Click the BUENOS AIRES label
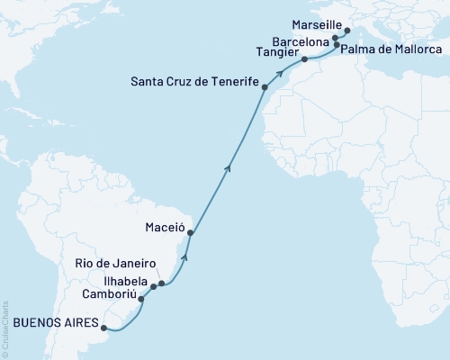pyautogui.click(x=52, y=326)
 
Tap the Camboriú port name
pyautogui.click(x=107, y=294)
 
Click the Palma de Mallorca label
pyautogui.click(x=387, y=44)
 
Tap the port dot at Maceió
pyautogui.click(x=190, y=233)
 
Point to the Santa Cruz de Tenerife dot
pyautogui.click(x=265, y=86)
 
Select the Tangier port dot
pyautogui.click(x=304, y=59)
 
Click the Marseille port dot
pyautogui.click(x=347, y=30)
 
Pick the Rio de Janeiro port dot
pyautogui.click(x=162, y=283)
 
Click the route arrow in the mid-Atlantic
pyautogui.click(x=229, y=166)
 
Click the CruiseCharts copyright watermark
pyautogui.click(x=4, y=328)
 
